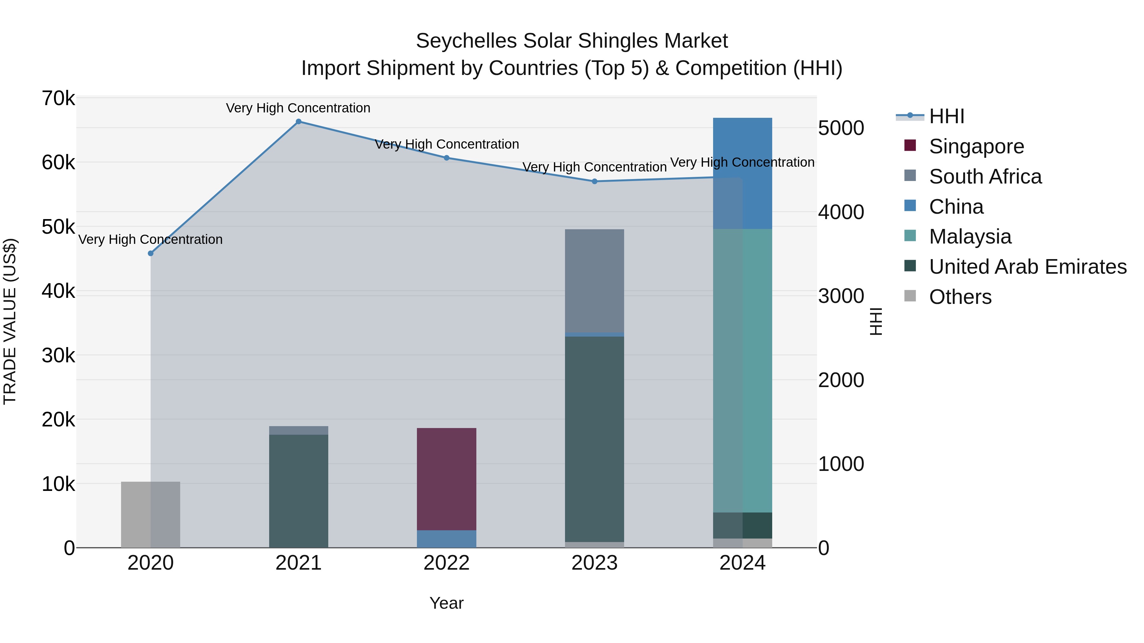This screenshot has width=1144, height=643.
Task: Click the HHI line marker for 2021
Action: pyautogui.click(x=298, y=122)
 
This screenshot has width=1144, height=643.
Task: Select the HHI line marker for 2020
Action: pyautogui.click(x=151, y=253)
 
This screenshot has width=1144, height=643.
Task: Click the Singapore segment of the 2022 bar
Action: pyautogui.click(x=446, y=479)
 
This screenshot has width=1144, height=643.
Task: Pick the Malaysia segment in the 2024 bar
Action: pyautogui.click(x=743, y=371)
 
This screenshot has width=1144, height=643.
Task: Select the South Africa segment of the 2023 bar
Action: pyautogui.click(x=594, y=280)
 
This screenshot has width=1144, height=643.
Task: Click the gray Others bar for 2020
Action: pyautogui.click(x=151, y=514)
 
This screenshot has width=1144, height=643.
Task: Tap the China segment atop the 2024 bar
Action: pyautogui.click(x=743, y=173)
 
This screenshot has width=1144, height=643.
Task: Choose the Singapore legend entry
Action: pyautogui.click(x=976, y=146)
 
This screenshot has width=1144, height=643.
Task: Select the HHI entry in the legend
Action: pyautogui.click(x=946, y=116)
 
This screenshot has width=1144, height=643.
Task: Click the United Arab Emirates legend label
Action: pyautogui.click(x=1028, y=267)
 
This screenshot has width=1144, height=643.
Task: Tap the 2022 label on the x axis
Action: pyautogui.click(x=446, y=563)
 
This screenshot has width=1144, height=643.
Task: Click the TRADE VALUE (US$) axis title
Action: pyautogui.click(x=10, y=321)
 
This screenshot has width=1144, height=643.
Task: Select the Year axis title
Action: pyautogui.click(x=446, y=603)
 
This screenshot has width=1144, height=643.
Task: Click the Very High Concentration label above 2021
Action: pyautogui.click(x=298, y=108)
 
